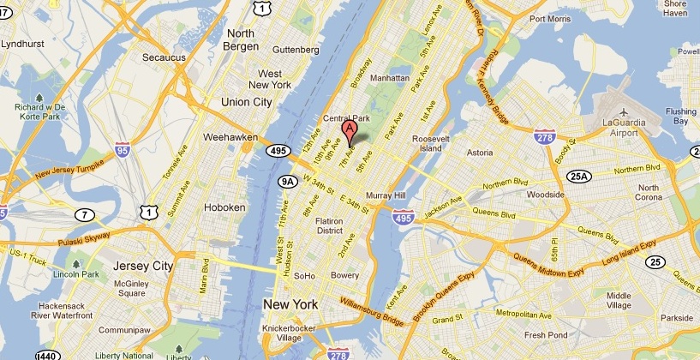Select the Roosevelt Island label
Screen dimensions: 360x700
click(x=425, y=143)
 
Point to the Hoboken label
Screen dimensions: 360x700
click(x=225, y=207)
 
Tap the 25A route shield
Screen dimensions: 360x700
click(x=579, y=177)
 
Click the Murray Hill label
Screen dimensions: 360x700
click(x=390, y=195)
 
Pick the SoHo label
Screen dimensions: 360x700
click(x=304, y=276)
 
